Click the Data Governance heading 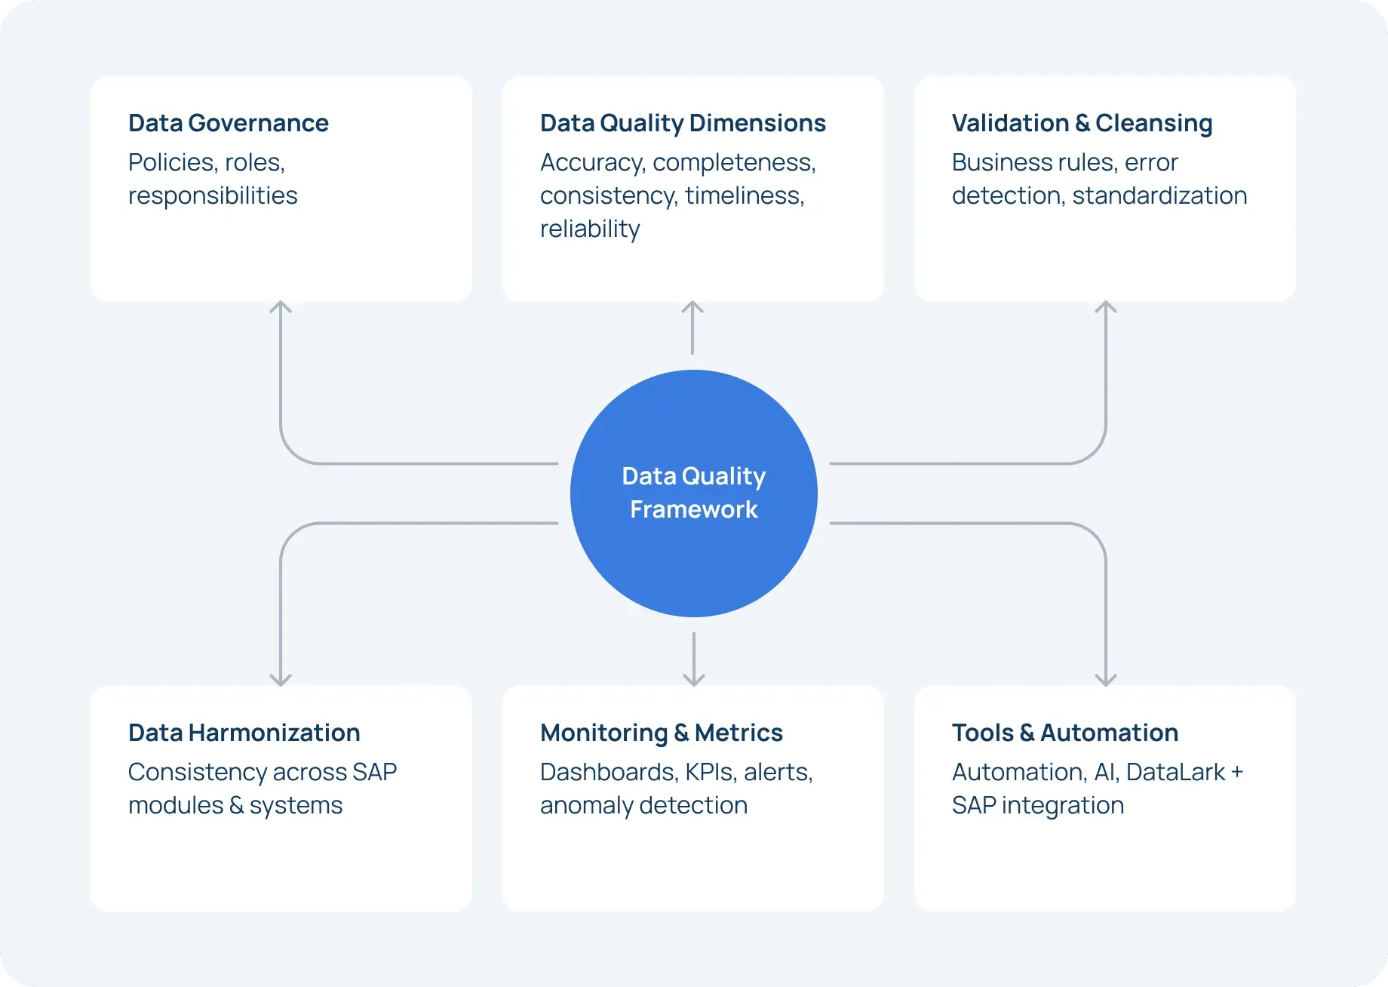pos(228,123)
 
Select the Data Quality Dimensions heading pos(683,123)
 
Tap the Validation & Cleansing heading pos(1082,123)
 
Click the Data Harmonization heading pos(244,733)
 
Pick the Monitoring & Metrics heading pos(661,733)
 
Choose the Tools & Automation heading pos(1064,733)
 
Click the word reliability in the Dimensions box pos(590,229)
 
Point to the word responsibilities pos(213,195)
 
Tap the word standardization pos(1159,195)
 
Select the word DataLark pos(1175,772)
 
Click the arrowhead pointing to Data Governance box pos(281,306)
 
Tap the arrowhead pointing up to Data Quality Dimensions pos(692,306)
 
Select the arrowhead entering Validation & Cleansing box pos(1106,306)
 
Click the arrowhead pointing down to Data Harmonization pos(281,681)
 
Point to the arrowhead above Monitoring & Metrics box pos(693,681)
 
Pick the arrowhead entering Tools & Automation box pos(1106,681)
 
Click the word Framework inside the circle pos(693,509)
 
